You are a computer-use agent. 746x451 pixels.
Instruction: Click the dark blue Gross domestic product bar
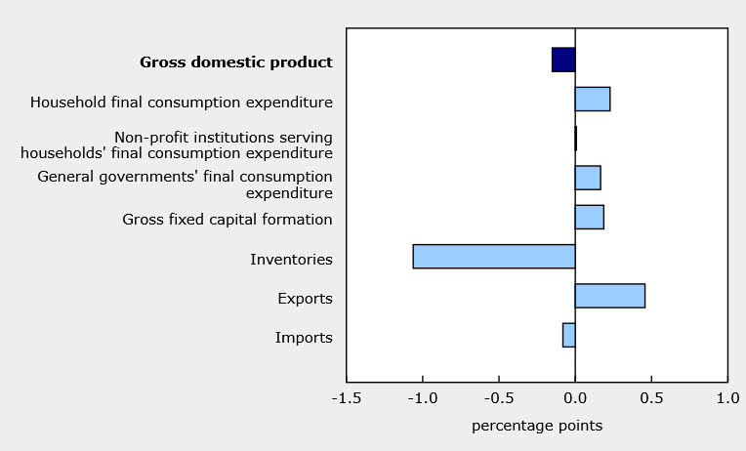(x=563, y=60)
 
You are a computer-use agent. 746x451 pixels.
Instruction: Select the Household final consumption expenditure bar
(x=593, y=99)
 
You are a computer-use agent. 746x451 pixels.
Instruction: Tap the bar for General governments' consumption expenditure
(x=588, y=178)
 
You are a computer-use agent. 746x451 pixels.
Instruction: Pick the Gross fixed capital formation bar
(x=590, y=217)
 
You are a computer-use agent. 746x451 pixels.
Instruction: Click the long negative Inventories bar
(x=494, y=257)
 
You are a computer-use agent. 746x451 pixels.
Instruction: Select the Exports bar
(x=609, y=296)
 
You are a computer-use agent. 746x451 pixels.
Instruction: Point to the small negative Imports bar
(x=568, y=335)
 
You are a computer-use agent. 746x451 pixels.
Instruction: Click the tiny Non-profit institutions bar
(x=576, y=139)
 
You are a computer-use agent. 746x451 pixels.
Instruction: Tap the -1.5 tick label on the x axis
(x=346, y=398)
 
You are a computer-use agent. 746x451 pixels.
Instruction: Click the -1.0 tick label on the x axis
(x=422, y=398)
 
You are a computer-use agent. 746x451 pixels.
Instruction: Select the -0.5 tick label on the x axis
(x=498, y=398)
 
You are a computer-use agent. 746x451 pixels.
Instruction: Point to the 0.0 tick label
(x=575, y=398)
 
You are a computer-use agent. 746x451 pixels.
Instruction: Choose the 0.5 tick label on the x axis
(x=651, y=398)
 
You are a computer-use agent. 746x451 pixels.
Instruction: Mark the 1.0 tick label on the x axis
(x=727, y=398)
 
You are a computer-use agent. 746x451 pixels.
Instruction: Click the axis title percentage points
(x=537, y=426)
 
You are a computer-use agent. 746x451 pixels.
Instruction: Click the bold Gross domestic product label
(x=236, y=62)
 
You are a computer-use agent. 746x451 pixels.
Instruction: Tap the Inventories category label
(x=291, y=260)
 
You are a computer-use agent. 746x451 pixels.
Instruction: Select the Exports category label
(x=305, y=299)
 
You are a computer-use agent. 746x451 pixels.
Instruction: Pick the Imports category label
(x=304, y=338)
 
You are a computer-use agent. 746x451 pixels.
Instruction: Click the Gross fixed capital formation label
(x=228, y=220)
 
